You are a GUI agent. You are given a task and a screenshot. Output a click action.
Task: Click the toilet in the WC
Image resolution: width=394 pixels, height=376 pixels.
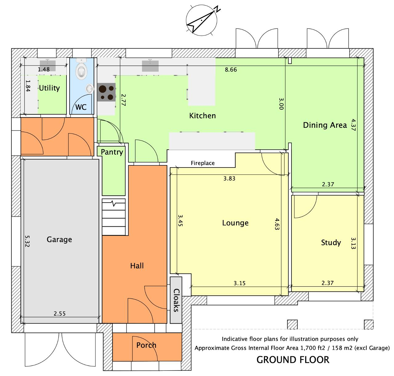81,69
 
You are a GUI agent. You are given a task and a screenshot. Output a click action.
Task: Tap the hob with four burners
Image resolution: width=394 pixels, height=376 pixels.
107,92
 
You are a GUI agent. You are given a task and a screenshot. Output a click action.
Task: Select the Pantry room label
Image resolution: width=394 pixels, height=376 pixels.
112,152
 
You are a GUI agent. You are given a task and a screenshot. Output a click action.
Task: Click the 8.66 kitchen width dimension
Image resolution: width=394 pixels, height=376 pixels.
231,70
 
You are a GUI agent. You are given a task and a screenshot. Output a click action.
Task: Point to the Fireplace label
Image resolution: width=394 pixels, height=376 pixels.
203,163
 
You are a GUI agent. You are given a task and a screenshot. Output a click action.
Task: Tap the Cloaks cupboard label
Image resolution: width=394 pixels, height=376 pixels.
176,300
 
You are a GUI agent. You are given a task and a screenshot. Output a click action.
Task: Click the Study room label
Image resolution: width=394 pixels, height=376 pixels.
331,243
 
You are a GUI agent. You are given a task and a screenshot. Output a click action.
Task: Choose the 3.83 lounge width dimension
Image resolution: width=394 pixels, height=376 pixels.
229,178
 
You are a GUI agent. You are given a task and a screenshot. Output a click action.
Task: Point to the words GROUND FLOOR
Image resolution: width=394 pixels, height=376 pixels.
293,360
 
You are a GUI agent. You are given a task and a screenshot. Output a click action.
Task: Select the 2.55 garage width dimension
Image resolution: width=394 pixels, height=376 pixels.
59,313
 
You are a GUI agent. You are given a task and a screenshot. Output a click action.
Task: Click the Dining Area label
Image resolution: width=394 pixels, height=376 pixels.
325,125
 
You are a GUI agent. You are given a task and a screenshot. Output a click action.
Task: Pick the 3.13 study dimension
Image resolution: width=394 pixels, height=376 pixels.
353,243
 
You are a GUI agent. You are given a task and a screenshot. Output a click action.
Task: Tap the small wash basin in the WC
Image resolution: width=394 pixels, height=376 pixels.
90,88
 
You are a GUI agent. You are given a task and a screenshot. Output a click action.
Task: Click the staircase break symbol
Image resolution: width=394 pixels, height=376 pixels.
114,204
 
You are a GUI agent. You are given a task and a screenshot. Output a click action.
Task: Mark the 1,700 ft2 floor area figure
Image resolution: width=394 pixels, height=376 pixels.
313,348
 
